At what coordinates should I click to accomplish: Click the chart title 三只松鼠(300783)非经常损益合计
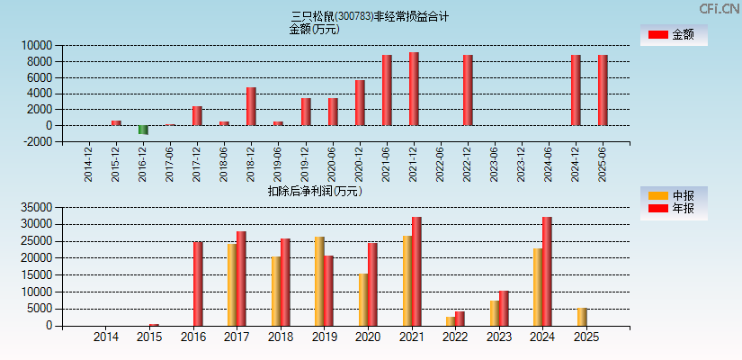tap(370, 16)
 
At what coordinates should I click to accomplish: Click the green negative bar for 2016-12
tap(143, 130)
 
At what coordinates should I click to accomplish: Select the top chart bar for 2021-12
tap(414, 88)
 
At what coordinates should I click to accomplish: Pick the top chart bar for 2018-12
tap(251, 106)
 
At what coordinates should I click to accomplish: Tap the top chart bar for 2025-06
tap(603, 90)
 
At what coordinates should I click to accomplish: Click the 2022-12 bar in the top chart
tap(468, 90)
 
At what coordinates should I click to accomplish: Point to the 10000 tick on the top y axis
tap(38, 45)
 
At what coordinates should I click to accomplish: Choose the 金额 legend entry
tap(674, 34)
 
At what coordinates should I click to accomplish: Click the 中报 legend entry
tap(674, 195)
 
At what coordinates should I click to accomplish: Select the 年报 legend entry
tap(674, 209)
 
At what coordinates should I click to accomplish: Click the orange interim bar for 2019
tap(319, 281)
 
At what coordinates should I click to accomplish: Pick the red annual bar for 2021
tap(416, 271)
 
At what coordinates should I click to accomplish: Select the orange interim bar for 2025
tap(582, 317)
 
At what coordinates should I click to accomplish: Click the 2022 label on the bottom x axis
tap(454, 337)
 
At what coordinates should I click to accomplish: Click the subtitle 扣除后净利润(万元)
tap(314, 191)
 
